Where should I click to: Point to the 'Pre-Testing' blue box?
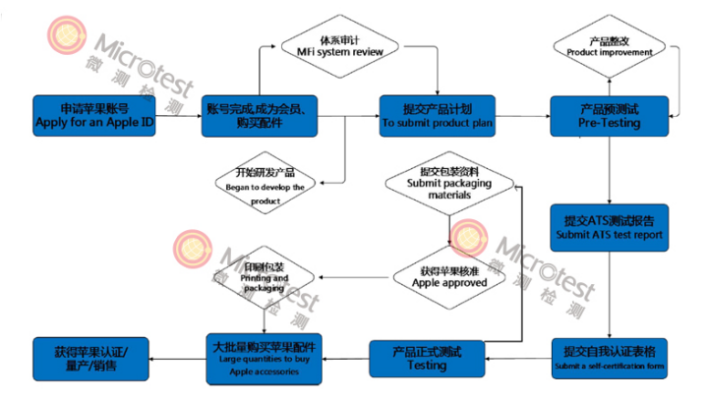point(609,114)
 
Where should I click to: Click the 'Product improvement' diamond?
point(610,45)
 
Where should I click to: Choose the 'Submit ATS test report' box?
point(609,227)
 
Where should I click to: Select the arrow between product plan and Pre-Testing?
point(522,114)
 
